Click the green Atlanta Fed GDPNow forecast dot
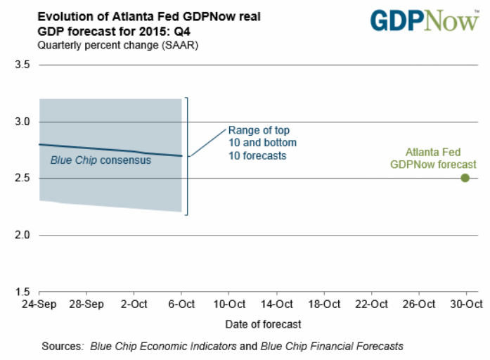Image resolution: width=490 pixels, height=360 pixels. [465, 177]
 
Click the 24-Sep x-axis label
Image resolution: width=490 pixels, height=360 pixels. [39, 304]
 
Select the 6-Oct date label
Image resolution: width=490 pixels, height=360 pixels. [182, 304]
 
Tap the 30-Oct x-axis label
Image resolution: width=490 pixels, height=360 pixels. [465, 304]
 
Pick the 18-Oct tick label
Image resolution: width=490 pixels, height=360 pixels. [323, 304]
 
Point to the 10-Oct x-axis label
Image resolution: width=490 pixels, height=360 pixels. [229, 304]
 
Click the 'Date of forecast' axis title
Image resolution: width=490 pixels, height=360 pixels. [264, 324]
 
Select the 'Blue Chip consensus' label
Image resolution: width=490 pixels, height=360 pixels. [101, 160]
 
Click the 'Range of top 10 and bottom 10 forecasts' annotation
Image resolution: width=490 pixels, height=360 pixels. [258, 143]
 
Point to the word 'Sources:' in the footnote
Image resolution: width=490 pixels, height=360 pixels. [63, 346]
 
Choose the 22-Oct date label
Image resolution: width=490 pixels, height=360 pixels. [371, 304]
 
